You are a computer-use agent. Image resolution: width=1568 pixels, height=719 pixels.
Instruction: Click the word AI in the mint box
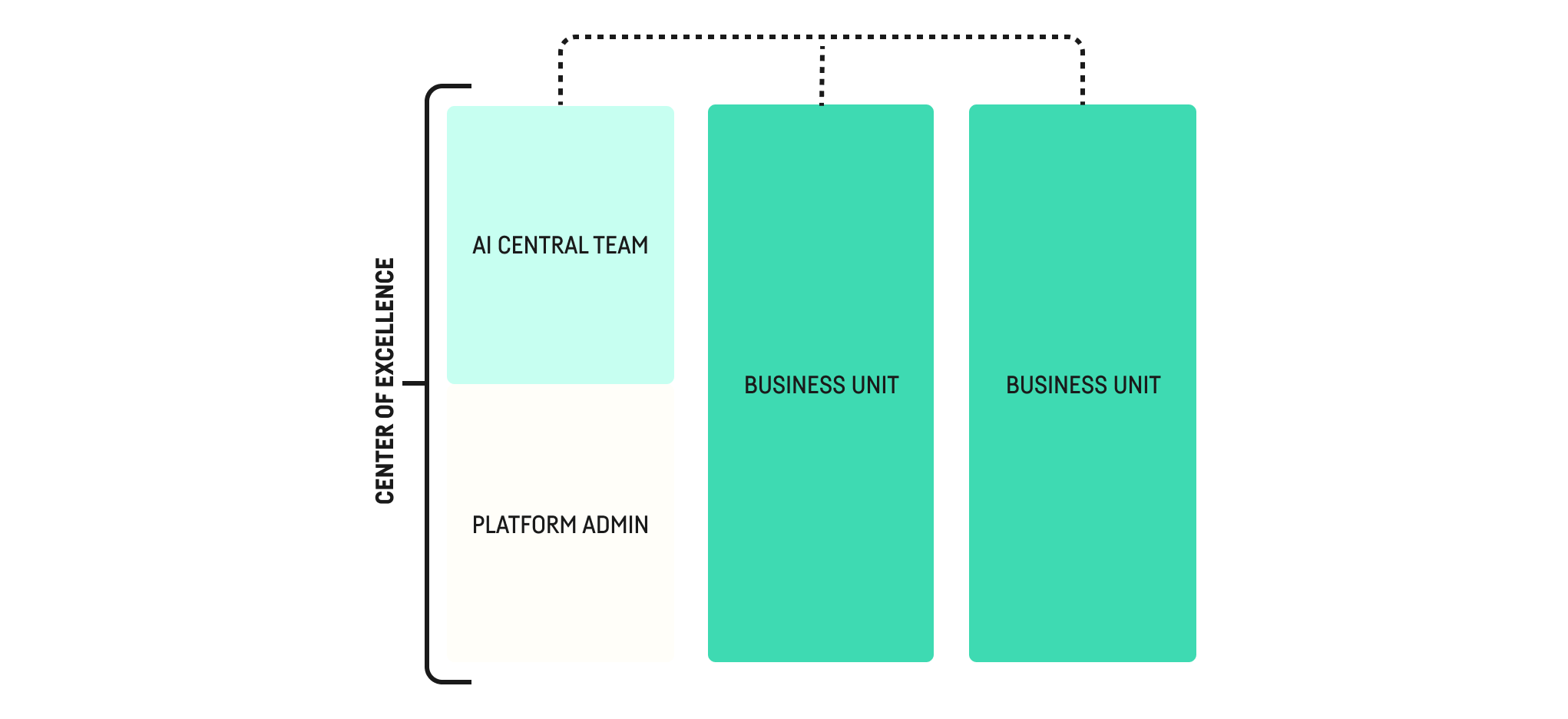coord(481,245)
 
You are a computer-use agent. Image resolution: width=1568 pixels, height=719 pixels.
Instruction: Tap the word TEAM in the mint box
coord(620,245)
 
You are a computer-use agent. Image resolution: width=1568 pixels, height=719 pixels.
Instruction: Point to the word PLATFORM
coord(524,525)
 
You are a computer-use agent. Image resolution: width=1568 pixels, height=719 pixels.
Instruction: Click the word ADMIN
coord(615,525)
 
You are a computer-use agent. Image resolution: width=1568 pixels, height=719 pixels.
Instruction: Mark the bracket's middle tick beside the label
coord(414,383)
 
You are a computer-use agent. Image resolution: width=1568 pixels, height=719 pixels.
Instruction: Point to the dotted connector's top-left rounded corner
coord(563,39)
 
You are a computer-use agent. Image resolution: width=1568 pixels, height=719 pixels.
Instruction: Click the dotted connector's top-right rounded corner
coord(1080,39)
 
